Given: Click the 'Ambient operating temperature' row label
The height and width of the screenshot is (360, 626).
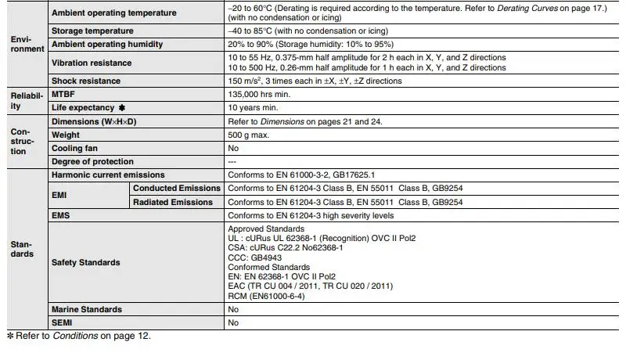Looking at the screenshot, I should coord(113,13).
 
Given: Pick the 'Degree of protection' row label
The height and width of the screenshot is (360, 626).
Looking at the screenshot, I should coord(92,161).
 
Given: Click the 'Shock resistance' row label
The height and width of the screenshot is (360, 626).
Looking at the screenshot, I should coord(86,81).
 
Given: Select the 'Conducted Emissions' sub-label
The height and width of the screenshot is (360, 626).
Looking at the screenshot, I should coord(177,189).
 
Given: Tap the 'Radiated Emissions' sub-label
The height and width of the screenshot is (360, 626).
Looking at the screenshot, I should coord(173,202).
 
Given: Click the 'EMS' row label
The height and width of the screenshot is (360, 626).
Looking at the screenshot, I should coord(61,215).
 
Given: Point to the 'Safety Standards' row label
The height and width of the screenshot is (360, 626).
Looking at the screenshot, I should coord(86,262).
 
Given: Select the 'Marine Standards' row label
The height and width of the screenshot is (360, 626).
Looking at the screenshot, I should coord(86,309).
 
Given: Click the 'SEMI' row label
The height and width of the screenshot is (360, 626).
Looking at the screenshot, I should coord(62,322).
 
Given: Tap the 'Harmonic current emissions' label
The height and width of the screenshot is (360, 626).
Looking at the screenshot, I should coord(108,175).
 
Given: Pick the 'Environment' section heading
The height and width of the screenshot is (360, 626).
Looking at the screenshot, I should coord(26,43).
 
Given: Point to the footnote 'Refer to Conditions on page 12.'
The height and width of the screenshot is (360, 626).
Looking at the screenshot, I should coord(82,337).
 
